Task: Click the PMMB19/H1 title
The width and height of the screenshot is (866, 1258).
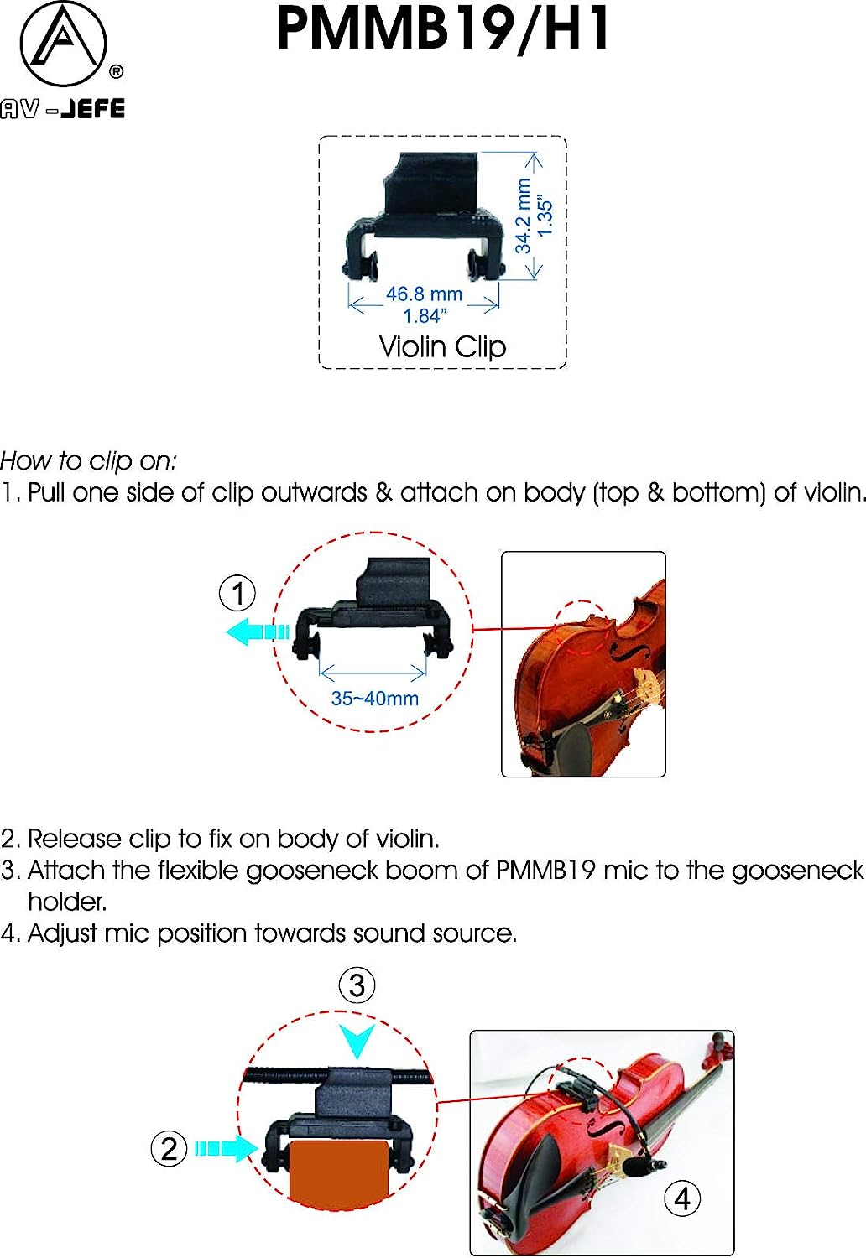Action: tap(444, 30)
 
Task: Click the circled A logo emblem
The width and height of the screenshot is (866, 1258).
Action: tap(63, 44)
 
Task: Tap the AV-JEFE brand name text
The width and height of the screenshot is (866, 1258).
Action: tap(63, 109)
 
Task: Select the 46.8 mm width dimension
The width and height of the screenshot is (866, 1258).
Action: tap(424, 294)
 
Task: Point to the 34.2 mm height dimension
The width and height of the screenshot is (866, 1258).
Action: tap(523, 216)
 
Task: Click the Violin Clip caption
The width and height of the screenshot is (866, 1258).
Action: tap(442, 346)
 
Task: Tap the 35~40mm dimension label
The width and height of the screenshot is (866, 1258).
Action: tap(374, 698)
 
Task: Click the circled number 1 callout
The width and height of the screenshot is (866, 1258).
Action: tap(237, 593)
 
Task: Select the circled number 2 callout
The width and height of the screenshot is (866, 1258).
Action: tap(169, 1148)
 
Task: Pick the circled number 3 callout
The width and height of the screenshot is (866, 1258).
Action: tap(357, 985)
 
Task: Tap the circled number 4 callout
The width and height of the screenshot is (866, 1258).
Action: tap(682, 1198)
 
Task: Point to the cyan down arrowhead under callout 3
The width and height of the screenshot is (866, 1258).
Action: tap(357, 1041)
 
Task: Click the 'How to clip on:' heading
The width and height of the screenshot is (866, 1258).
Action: tap(89, 460)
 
